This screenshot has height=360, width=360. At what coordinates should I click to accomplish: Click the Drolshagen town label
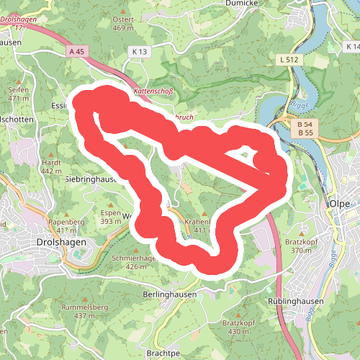click(x=61, y=243)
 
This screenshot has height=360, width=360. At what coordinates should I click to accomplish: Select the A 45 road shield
click(x=77, y=52)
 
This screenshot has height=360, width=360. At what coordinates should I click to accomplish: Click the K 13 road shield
click(x=139, y=52)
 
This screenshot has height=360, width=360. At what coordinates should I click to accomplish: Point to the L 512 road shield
click(x=290, y=59)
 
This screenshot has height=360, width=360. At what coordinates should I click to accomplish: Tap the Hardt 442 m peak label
click(x=51, y=167)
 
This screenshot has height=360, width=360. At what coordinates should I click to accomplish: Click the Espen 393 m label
click(x=110, y=217)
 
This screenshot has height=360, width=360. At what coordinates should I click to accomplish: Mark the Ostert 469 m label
click(x=124, y=24)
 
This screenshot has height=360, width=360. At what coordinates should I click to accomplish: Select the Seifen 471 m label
click(x=18, y=94)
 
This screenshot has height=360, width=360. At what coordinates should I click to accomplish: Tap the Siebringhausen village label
click(x=91, y=179)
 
